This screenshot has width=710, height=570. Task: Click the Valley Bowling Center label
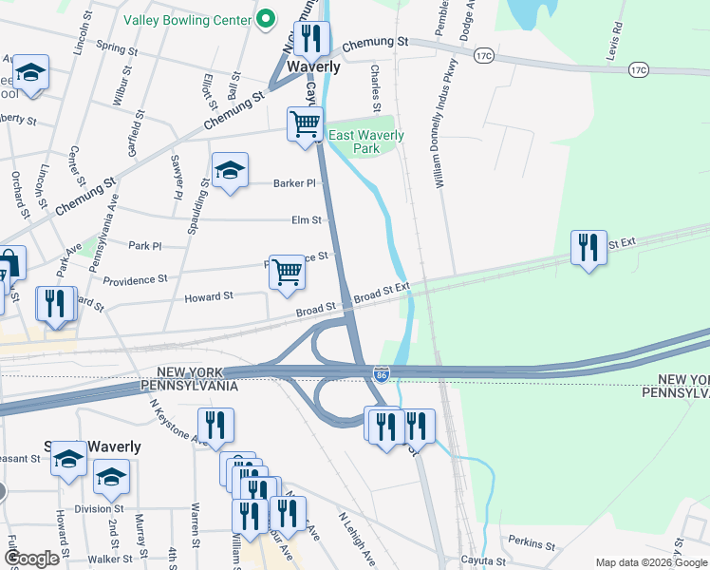pos(186,19)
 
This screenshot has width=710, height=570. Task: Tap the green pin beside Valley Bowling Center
pos(267,19)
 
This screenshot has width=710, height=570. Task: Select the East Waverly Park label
pos(365,142)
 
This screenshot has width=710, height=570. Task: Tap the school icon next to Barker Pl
pos(230,171)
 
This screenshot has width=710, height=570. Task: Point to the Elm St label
pos(306,220)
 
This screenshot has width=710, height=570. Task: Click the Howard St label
pos(209,297)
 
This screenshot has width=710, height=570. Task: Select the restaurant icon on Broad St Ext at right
pos(589,249)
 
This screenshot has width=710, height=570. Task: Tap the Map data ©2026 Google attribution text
pos(651,562)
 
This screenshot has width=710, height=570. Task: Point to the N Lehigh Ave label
pos(360,538)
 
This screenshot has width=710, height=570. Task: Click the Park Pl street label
pos(144,245)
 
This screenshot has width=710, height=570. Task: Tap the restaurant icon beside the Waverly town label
pos(310,40)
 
